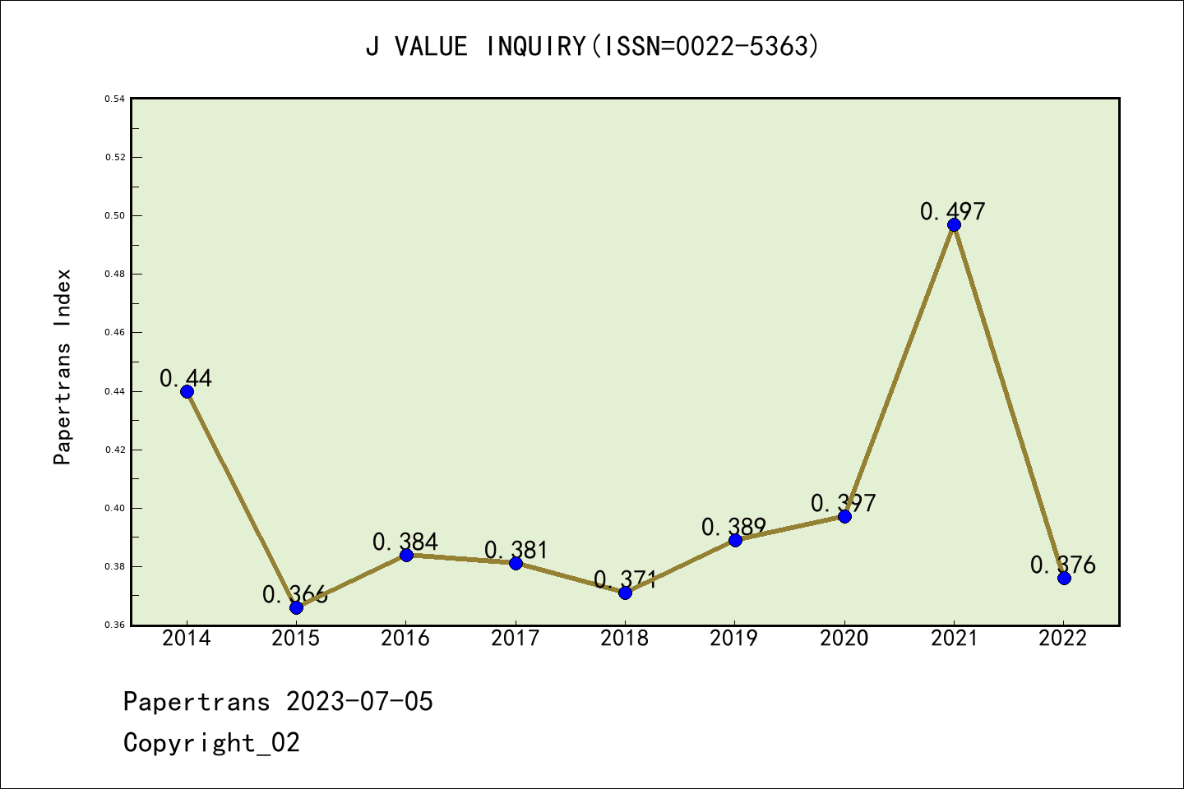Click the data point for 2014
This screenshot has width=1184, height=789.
tap(187, 391)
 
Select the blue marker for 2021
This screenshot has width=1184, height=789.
tap(954, 224)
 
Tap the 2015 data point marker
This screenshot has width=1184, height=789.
tap(296, 607)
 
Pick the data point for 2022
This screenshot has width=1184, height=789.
tap(1064, 578)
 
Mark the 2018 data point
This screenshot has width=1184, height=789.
tap(625, 593)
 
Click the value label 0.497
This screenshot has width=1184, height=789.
tap(952, 211)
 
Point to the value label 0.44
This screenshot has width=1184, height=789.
tap(186, 378)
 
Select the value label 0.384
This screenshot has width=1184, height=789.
tap(405, 542)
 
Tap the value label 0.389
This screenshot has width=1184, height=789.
tap(733, 527)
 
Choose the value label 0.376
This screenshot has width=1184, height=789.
tap(1063, 565)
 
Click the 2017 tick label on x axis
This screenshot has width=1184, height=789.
tap(515, 639)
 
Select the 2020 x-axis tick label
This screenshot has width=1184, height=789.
tap(844, 639)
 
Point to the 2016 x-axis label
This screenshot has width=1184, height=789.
tap(405, 639)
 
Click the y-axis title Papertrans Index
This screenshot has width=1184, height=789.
tap(63, 367)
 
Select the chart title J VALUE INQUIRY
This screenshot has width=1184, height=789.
tap(592, 47)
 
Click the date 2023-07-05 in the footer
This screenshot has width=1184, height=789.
tap(359, 702)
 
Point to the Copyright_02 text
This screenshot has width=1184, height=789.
tap(211, 743)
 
